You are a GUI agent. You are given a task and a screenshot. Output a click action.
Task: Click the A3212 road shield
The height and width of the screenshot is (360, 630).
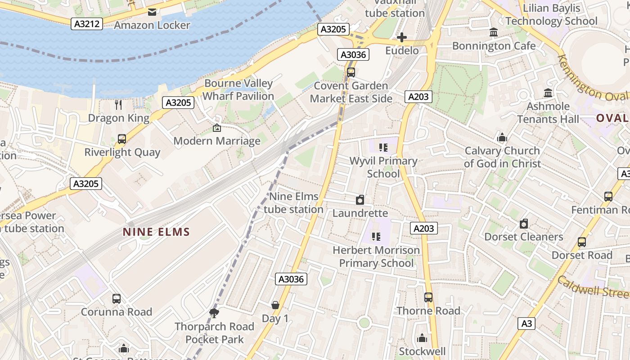pos(86,24)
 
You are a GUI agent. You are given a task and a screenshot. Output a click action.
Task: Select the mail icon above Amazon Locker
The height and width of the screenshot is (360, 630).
pos(152,12)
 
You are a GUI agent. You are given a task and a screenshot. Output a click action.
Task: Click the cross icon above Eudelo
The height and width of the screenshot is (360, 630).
pos(402,37)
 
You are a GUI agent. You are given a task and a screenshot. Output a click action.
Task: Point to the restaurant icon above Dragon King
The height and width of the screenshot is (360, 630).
pos(118,105)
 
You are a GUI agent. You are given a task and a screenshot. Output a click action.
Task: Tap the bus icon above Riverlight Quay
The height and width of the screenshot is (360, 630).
pos(122,139)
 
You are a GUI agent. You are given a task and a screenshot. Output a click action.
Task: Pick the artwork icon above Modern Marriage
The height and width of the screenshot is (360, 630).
pos(217,128)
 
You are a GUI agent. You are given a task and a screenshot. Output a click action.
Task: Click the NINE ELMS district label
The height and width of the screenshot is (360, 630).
pos(157,232)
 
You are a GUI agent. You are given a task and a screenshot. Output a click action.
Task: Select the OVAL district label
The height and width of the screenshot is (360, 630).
pos(612,118)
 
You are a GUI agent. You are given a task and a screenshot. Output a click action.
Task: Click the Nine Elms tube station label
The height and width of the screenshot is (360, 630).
pos(293,203)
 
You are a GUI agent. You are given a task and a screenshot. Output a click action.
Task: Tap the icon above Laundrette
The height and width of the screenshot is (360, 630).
pos(360,200)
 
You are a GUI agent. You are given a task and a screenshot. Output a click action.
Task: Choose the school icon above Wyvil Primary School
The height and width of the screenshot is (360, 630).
pos(383,148)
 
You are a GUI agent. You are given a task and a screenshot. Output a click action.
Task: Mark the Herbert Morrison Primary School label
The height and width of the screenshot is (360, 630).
pos(376,256)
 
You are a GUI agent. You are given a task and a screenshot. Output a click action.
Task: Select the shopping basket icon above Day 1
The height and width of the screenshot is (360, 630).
pos(275,305)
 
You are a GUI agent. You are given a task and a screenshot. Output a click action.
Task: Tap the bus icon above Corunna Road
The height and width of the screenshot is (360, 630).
pos(117,298)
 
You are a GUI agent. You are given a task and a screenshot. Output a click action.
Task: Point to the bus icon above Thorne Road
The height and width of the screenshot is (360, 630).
pos(428,297)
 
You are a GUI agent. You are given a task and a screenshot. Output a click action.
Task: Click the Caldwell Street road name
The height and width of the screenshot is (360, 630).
pos(593,287)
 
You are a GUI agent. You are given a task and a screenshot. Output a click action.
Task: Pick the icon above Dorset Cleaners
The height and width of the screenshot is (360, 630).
pos(524,224)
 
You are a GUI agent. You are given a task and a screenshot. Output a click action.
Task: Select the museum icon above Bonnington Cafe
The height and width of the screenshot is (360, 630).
pos(494,33)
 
